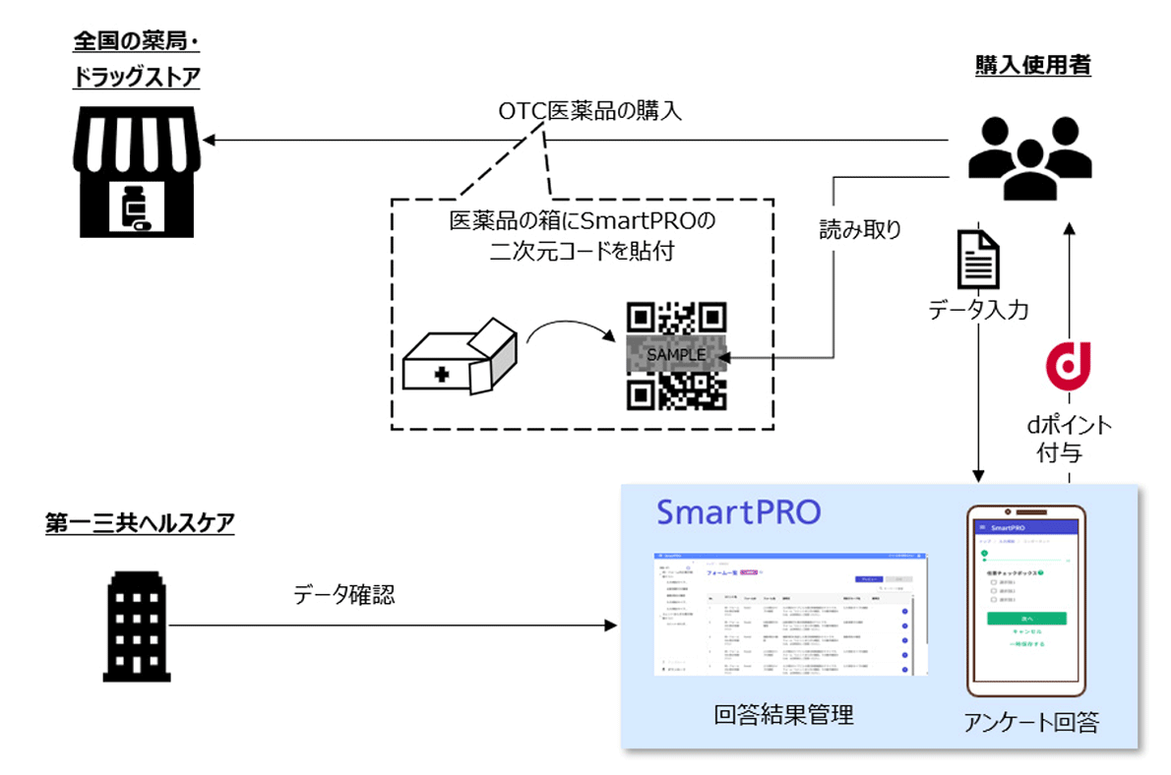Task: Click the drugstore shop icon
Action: pyautogui.click(x=137, y=178)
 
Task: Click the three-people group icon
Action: pyautogui.click(x=1024, y=158)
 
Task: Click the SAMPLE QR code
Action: pyautogui.click(x=677, y=355)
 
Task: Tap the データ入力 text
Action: pyautogui.click(x=978, y=312)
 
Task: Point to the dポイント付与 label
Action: pyautogui.click(x=1069, y=439)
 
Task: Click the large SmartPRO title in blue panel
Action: pyautogui.click(x=738, y=512)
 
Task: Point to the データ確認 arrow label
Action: pyautogui.click(x=343, y=594)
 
